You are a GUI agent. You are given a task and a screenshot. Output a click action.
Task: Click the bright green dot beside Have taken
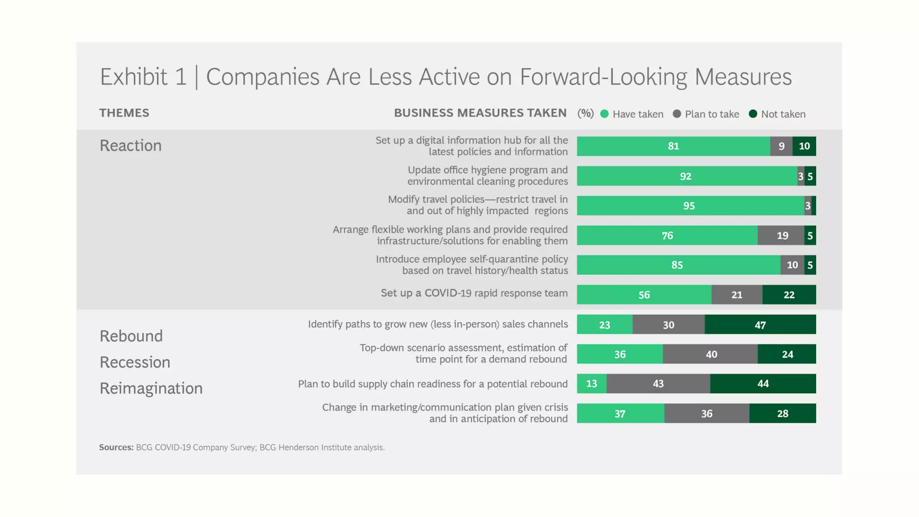pyautogui.click(x=604, y=114)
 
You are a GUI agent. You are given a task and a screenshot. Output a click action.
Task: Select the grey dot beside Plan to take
pyautogui.click(x=677, y=114)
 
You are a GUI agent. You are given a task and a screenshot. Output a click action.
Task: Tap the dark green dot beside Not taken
pyautogui.click(x=753, y=114)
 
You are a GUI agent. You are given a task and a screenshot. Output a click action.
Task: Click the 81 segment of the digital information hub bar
pyautogui.click(x=673, y=146)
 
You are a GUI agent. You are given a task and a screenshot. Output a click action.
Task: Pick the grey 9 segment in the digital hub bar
pyautogui.click(x=781, y=146)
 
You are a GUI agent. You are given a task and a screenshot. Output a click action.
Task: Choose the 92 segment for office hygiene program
pyautogui.click(x=686, y=176)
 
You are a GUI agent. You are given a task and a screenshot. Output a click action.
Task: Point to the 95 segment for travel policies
pyautogui.click(x=689, y=206)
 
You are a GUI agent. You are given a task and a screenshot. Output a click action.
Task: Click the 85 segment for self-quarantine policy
pyautogui.click(x=677, y=265)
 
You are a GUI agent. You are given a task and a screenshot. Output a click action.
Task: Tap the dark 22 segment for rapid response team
pyautogui.click(x=789, y=295)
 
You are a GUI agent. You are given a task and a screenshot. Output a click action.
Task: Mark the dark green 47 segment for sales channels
pyautogui.click(x=760, y=324)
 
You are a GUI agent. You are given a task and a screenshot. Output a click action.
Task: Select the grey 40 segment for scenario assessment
pyautogui.click(x=711, y=354)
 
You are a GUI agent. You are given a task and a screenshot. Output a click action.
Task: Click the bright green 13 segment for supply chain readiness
pyautogui.click(x=591, y=384)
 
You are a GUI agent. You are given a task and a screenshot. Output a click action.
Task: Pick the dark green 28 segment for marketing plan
pyautogui.click(x=783, y=413)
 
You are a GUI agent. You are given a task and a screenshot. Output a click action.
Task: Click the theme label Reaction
pyautogui.click(x=131, y=145)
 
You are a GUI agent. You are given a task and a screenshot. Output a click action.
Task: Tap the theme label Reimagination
pyautogui.click(x=151, y=388)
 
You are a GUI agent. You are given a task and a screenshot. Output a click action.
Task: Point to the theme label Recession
pyautogui.click(x=135, y=362)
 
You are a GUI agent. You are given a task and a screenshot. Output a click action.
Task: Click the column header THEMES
pyautogui.click(x=124, y=113)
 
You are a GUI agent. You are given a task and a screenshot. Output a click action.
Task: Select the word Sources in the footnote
pyautogui.click(x=116, y=447)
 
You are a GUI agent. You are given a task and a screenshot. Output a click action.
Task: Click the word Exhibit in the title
pyautogui.click(x=133, y=77)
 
